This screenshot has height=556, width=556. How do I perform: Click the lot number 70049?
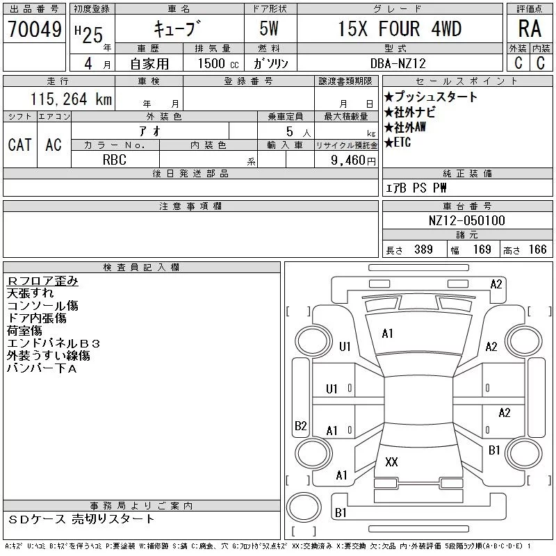[35, 29]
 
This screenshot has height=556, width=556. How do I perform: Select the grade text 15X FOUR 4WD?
[400, 28]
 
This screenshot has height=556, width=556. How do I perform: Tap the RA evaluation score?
[530, 28]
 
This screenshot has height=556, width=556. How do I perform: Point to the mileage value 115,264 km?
[71, 99]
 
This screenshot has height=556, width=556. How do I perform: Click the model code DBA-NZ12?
[398, 63]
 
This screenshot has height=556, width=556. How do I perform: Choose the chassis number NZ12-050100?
[466, 220]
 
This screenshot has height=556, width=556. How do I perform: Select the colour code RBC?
[115, 160]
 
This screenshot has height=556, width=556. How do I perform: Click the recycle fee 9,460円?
[353, 161]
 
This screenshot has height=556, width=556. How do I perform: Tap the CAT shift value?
[20, 145]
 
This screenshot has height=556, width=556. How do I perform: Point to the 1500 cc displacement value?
[218, 63]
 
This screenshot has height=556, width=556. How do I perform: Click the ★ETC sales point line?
[398, 142]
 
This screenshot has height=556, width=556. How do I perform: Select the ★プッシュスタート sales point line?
[431, 97]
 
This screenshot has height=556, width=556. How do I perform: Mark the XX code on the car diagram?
[391, 461]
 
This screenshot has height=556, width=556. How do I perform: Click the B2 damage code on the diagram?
[301, 425]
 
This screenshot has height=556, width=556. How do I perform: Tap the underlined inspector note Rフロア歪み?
[42, 281]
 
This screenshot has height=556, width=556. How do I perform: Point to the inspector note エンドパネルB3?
[54, 343]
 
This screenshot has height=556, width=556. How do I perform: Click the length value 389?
[423, 250]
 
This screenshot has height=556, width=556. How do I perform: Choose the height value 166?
[537, 250]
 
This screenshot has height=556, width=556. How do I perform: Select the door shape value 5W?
[269, 28]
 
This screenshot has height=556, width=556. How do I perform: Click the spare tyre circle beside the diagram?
[304, 507]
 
